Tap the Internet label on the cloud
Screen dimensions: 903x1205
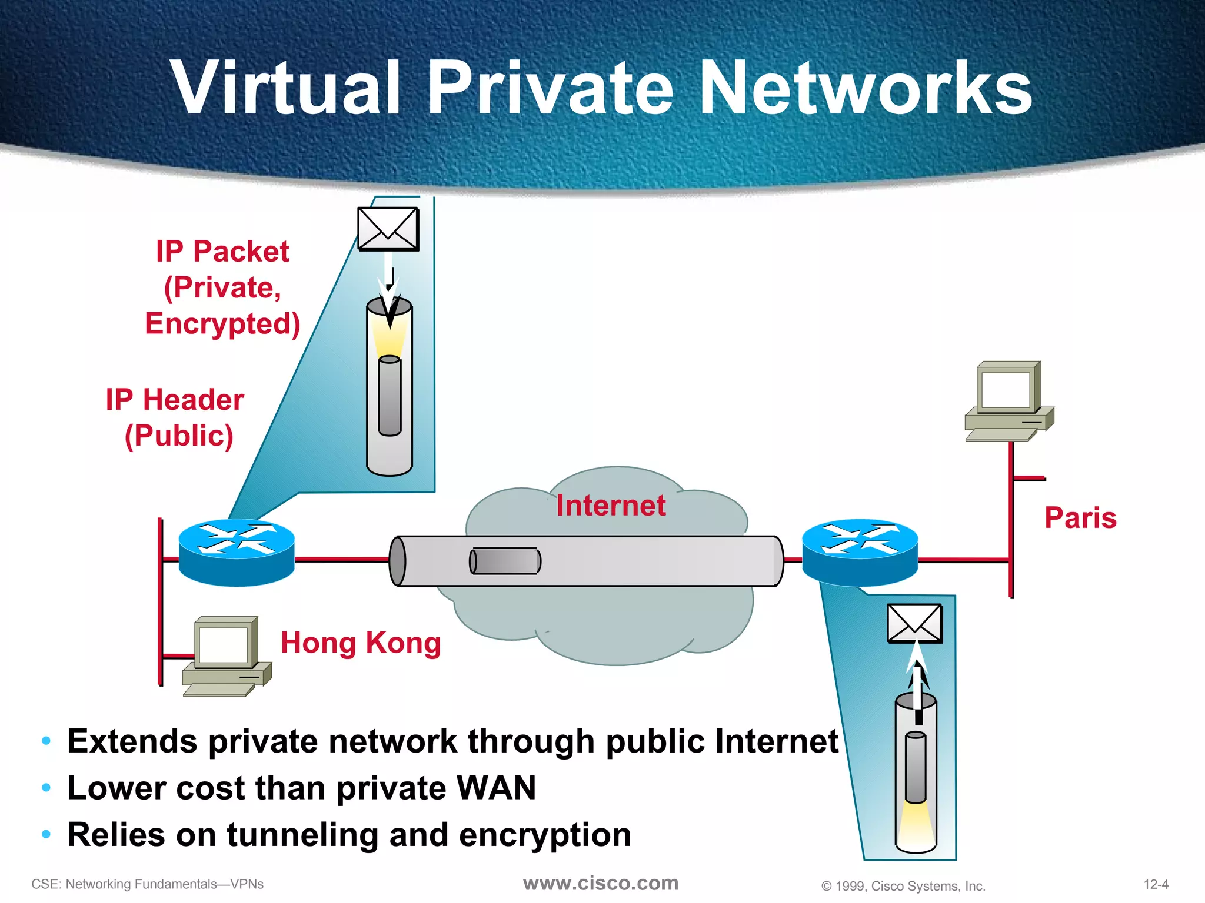coord(611,506)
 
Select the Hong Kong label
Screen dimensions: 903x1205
coord(361,643)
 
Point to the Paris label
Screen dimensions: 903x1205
coord(1080,518)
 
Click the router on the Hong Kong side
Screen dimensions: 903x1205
coord(237,553)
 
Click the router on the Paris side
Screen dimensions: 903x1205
coord(860,553)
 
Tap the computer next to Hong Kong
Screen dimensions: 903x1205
coord(227,656)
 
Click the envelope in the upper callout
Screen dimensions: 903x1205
coord(388,229)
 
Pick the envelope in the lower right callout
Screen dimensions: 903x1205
coord(914,624)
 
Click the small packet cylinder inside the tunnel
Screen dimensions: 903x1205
coord(505,561)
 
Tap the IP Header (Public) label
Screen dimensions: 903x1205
coord(175,417)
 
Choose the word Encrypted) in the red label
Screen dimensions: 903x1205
coord(222,324)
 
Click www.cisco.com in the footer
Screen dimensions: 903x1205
coord(601,883)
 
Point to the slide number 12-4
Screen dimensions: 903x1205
coord(1156,884)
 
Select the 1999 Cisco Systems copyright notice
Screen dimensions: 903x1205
coord(903,886)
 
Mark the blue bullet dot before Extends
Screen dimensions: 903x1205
coord(46,741)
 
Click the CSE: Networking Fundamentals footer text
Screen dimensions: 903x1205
coord(147,884)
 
